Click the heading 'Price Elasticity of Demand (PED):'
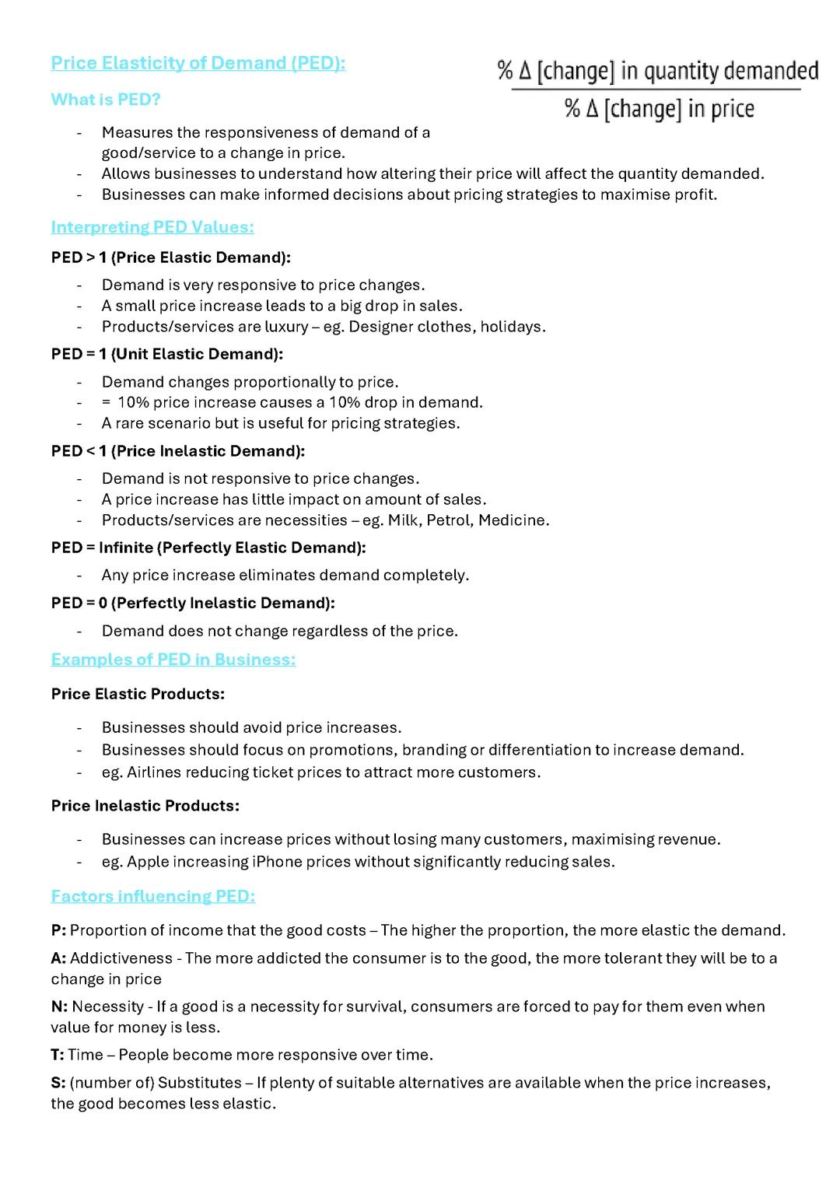(x=198, y=64)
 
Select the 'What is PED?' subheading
(x=106, y=100)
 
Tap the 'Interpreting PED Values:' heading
(x=152, y=227)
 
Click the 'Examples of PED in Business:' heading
(x=173, y=660)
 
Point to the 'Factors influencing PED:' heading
(x=153, y=896)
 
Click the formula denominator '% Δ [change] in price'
(x=659, y=109)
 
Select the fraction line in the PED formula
(x=656, y=89)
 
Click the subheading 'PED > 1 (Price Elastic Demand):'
(x=171, y=257)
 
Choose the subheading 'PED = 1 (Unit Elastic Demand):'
(x=167, y=354)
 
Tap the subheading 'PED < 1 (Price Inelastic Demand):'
(x=178, y=451)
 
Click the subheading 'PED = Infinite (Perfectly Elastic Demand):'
(x=208, y=548)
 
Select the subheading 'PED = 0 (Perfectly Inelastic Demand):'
(x=193, y=603)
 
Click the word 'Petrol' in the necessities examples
(x=446, y=520)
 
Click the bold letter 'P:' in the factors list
(x=58, y=930)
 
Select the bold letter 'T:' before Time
(x=58, y=1055)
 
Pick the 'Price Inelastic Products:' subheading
(x=145, y=806)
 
